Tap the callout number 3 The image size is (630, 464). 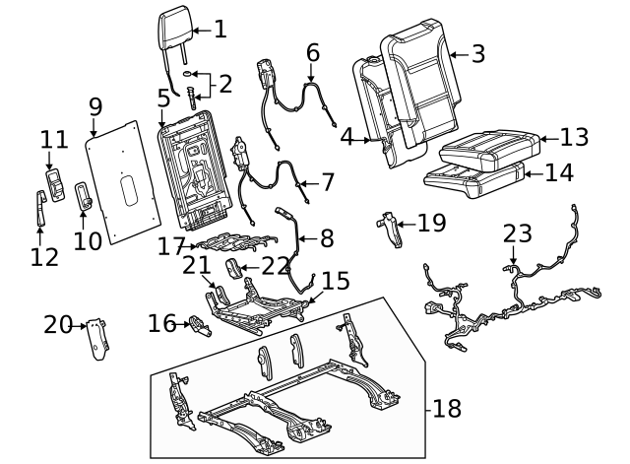point(478,54)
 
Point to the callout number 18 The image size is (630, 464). point(447,408)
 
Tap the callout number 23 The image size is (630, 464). point(518,234)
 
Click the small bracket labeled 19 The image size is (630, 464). point(393,228)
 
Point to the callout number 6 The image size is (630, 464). point(313,52)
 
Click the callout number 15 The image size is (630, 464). point(336,282)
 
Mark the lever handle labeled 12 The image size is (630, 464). point(40,208)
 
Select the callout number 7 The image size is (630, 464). point(327,182)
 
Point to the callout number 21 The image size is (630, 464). point(197,264)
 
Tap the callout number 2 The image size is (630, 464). point(225,84)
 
